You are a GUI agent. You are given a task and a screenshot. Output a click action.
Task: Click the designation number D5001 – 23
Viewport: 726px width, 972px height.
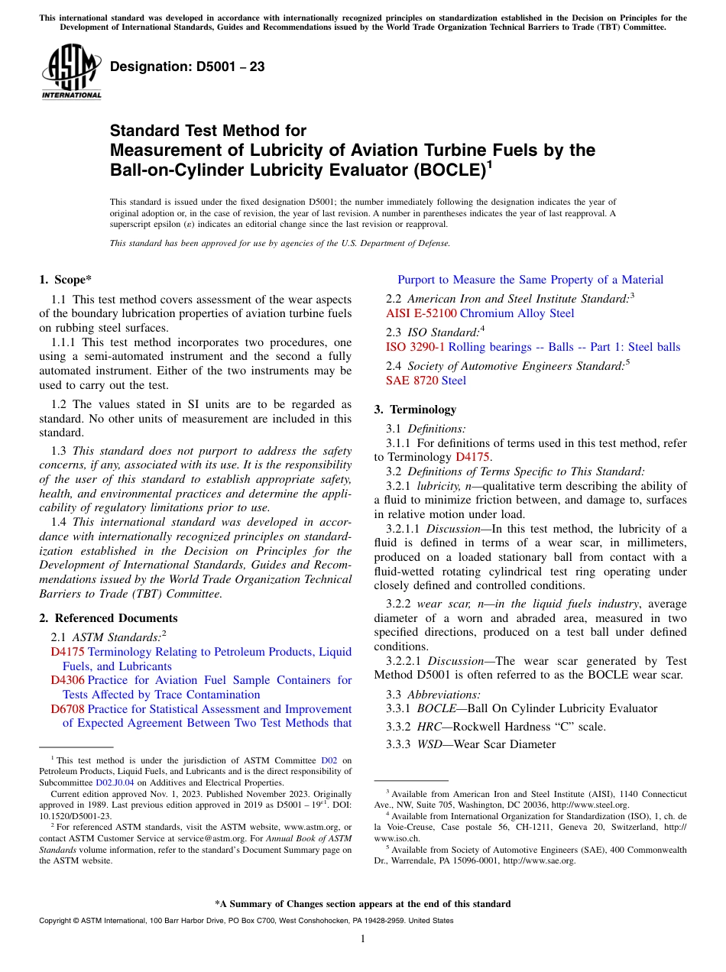[x=187, y=66]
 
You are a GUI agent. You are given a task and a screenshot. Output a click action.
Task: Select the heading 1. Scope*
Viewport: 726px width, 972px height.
[x=66, y=280]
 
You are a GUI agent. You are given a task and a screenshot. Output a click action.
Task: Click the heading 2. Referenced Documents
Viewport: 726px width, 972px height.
[x=109, y=618]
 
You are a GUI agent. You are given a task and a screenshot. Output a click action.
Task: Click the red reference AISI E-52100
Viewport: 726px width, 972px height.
[x=422, y=313]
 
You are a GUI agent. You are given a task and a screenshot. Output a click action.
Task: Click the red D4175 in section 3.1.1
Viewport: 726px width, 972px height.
[x=473, y=457]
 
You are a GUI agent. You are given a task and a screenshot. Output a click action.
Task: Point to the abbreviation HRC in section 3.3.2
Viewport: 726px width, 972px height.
[x=429, y=727]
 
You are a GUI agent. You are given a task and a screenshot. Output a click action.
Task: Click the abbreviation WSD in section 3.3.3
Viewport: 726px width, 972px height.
[x=430, y=744]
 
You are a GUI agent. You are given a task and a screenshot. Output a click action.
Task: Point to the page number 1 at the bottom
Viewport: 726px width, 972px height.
[x=363, y=939]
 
